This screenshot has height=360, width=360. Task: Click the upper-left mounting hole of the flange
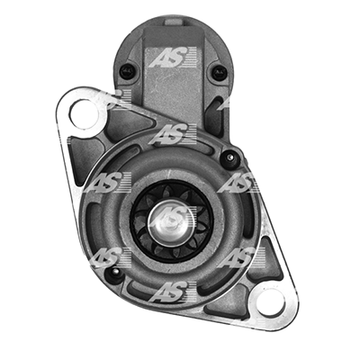pyautogui.click(x=84, y=113)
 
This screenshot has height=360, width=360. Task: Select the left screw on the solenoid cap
pyautogui.click(x=127, y=71)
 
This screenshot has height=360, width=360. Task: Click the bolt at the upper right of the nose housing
pyautogui.click(x=229, y=157)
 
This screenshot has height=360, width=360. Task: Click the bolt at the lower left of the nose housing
pyautogui.click(x=115, y=274)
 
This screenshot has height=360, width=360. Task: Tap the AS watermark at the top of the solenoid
pyautogui.click(x=173, y=57)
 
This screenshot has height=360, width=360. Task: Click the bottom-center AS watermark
pyautogui.click(x=173, y=292)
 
